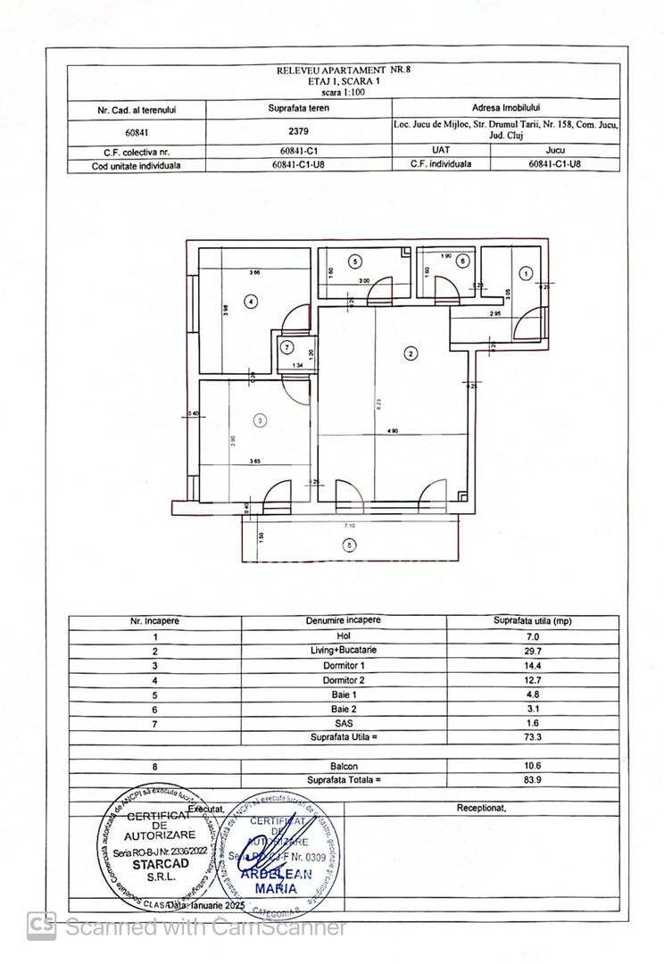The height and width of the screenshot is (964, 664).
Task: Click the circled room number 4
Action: [x=253, y=302]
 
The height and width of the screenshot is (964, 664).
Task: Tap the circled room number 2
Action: [x=411, y=354]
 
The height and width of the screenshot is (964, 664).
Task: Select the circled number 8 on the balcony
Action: [x=349, y=544]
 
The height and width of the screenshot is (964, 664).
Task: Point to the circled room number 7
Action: [x=286, y=347]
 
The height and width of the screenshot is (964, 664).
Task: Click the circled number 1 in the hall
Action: [x=526, y=273]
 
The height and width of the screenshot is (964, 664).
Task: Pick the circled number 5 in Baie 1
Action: [x=356, y=262]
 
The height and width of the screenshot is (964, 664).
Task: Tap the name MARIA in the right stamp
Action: [x=276, y=889]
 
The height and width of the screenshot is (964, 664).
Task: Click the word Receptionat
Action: [x=481, y=808]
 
